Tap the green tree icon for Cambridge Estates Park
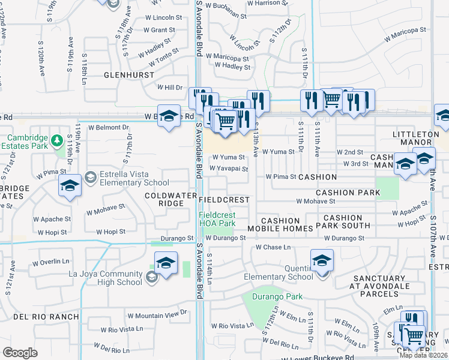click(x=57, y=140)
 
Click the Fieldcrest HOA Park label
click(x=217, y=219)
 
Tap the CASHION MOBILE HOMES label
click(x=280, y=224)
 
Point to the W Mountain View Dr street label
click(x=157, y=314)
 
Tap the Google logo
click(x=20, y=353)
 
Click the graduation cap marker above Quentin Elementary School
click(x=322, y=260)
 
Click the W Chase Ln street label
click(x=273, y=247)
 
